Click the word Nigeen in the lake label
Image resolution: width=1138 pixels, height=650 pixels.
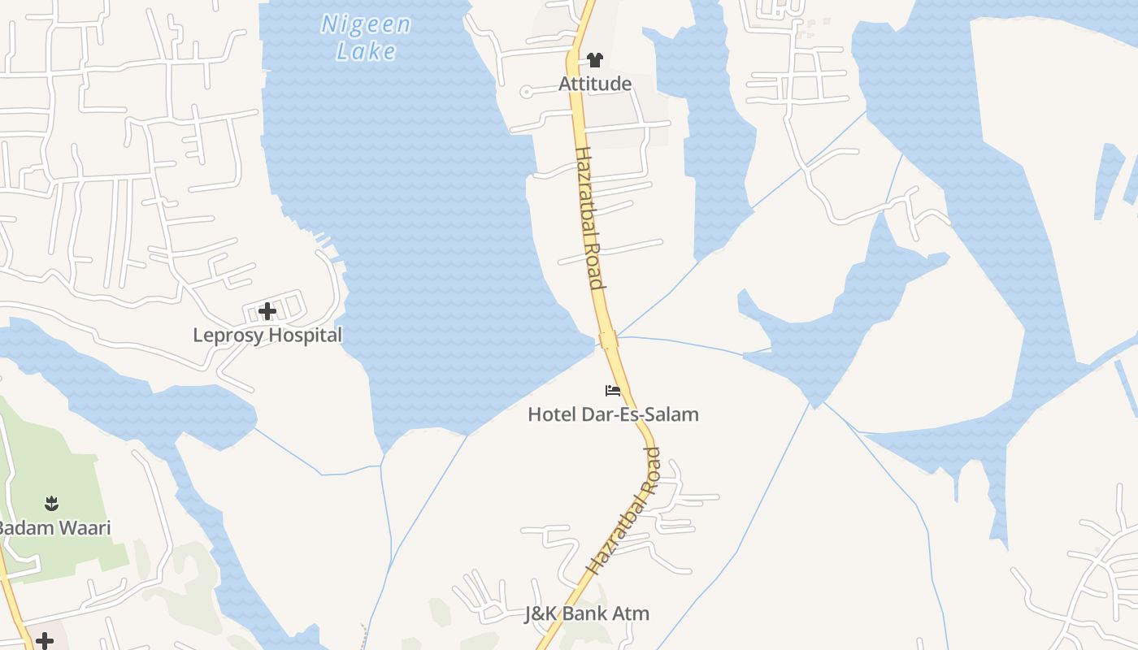[366, 24]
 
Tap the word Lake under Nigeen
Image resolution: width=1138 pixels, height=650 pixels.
[366, 51]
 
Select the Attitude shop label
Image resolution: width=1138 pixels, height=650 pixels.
[595, 84]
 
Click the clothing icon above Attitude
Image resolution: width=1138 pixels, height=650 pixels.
[595, 59]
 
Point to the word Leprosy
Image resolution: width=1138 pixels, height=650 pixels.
[228, 335]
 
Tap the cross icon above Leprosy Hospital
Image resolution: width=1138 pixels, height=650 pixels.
[267, 311]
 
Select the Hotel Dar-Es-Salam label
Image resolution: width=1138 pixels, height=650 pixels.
[613, 414]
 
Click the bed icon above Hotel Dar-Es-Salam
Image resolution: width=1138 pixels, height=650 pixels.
[613, 391]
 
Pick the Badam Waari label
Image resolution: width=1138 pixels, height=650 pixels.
[54, 527]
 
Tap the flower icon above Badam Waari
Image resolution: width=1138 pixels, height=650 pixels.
[52, 504]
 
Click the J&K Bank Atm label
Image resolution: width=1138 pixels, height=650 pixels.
[587, 613]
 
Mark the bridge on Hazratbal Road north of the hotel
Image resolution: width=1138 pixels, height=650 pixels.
[608, 340]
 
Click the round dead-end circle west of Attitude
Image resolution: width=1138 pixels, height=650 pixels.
[526, 92]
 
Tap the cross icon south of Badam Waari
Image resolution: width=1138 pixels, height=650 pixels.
[45, 641]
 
